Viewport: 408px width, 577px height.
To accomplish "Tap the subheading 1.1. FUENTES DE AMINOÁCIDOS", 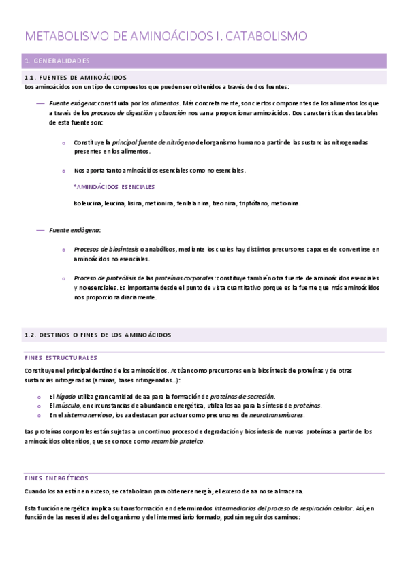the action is pos(75,77).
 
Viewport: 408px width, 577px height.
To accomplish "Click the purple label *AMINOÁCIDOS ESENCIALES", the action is pos(114,186).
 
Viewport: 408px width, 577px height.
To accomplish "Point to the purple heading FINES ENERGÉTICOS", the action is pos(56,478).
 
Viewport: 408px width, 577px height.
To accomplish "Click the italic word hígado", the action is pos(67,397).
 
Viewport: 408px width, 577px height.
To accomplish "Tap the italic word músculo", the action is pos(69,406).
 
